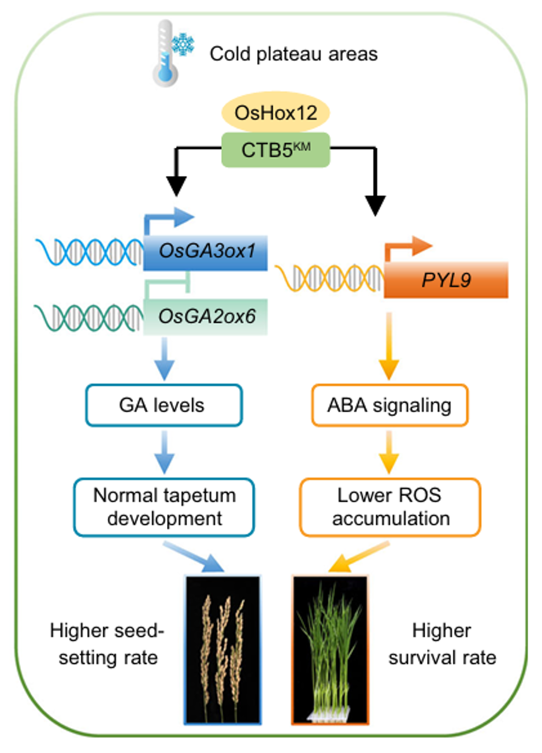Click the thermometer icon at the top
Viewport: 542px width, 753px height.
coord(165,54)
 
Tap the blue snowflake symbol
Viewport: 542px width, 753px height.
coord(183,44)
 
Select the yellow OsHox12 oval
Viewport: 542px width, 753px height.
coord(276,112)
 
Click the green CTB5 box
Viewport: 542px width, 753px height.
coord(276,150)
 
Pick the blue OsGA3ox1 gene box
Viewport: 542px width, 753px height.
coord(206,252)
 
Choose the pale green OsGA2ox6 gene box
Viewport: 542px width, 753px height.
coord(206,316)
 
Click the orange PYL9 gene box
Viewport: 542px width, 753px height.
coord(446,281)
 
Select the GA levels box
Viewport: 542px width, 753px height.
coord(164,405)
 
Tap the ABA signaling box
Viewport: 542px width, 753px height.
coord(389,405)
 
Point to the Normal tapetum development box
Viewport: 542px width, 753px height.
coord(164,507)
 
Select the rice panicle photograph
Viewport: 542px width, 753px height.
coord(222,649)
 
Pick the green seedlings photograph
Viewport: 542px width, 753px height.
coord(330,649)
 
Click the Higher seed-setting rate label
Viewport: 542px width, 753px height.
coord(107,643)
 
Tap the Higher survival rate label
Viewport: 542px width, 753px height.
coord(442,643)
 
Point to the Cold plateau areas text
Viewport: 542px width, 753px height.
coord(293,54)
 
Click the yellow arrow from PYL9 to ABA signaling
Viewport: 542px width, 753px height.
coord(389,346)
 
